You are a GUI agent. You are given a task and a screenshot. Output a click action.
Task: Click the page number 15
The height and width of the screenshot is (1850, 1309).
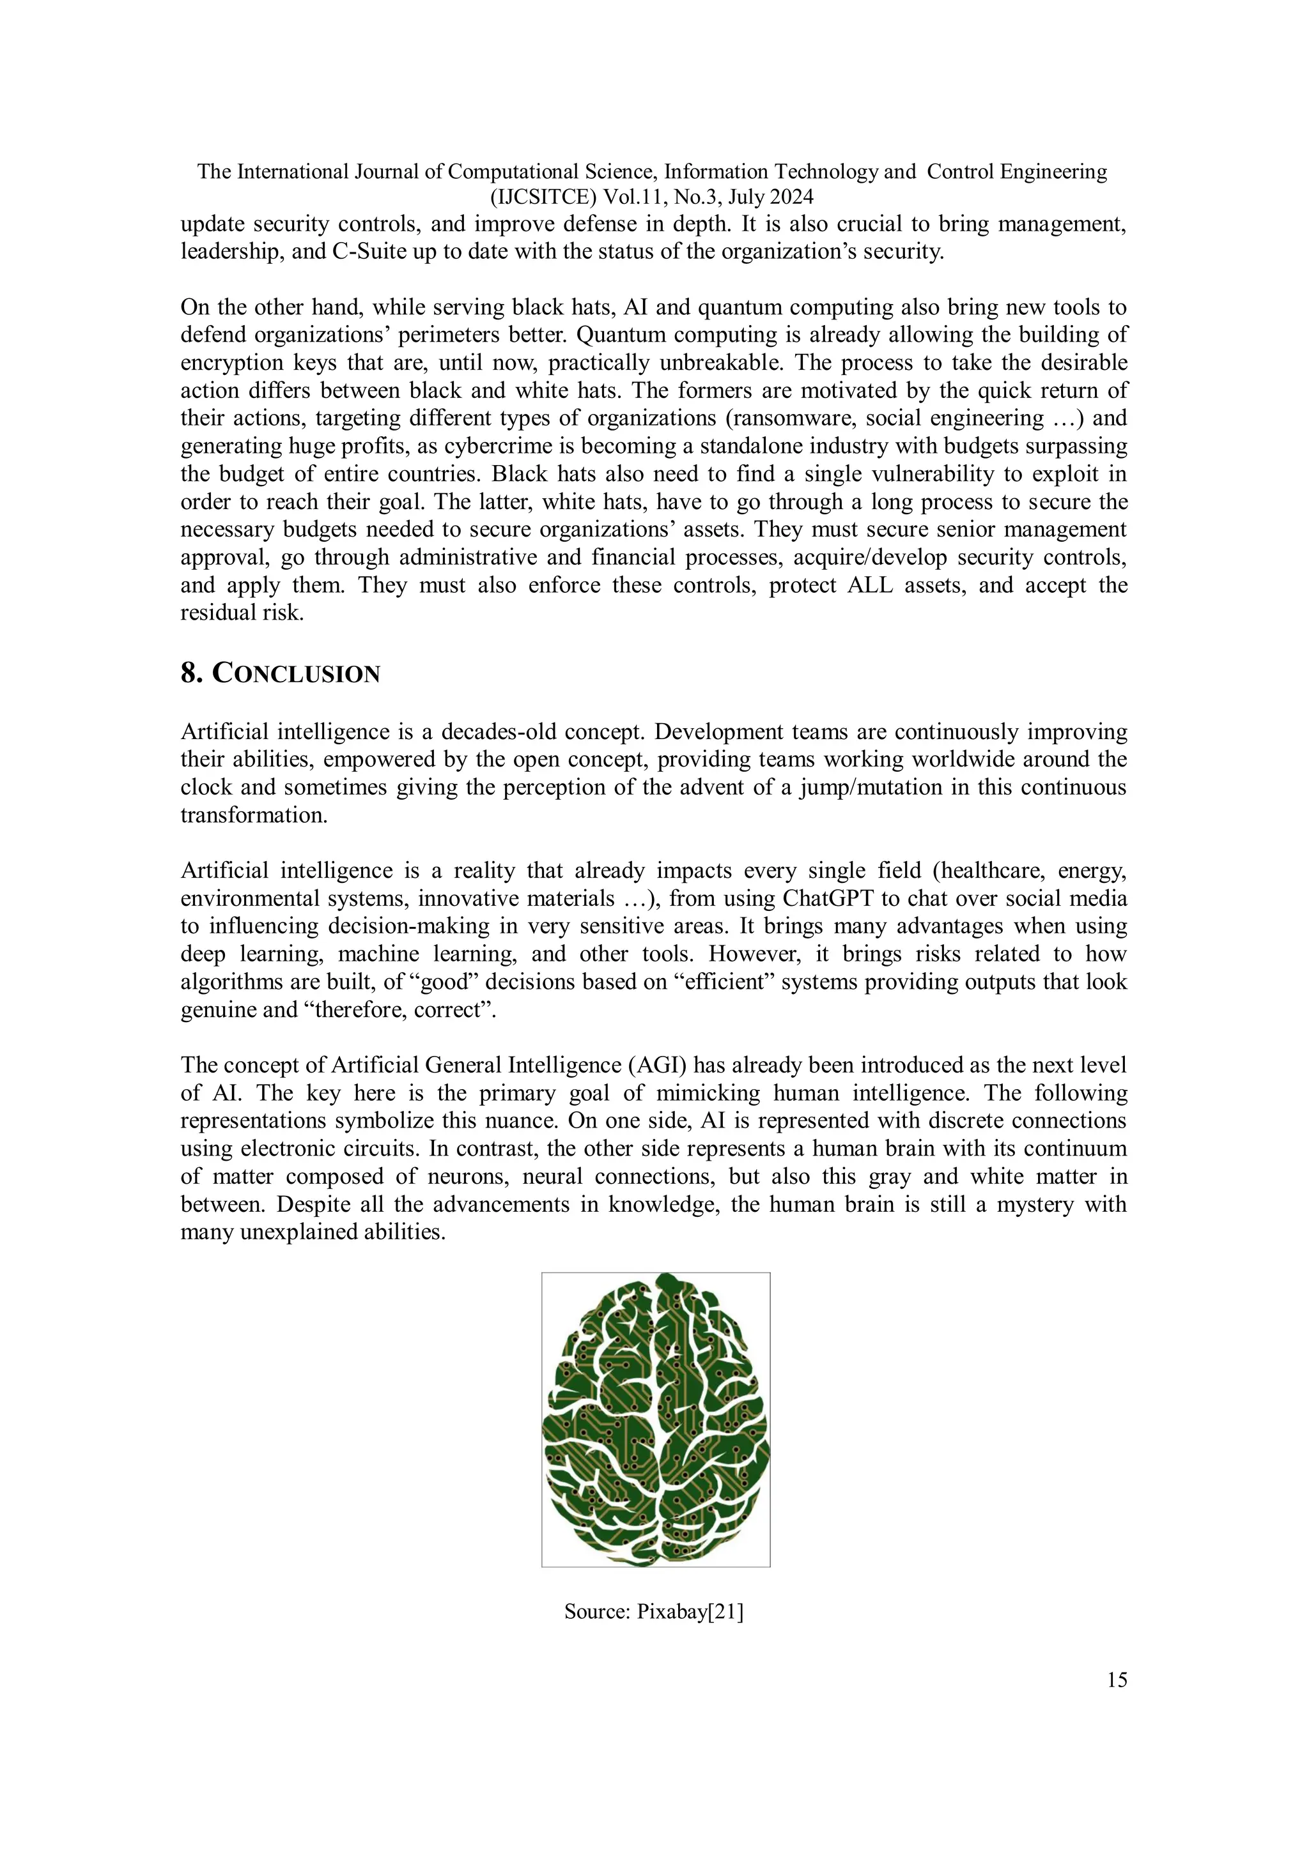pyautogui.click(x=1117, y=1679)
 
